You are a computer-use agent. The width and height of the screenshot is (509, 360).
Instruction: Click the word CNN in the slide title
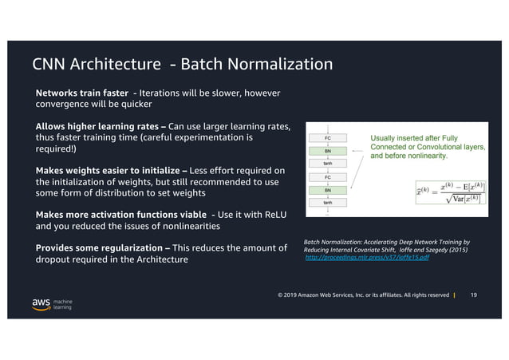(50, 64)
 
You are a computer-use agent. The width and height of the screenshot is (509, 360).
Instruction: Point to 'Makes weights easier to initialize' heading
(111, 170)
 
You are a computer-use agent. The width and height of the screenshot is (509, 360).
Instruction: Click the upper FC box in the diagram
(328, 136)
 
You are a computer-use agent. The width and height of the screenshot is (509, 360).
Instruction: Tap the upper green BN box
(328, 150)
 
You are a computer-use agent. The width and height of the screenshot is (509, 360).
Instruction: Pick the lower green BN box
(328, 191)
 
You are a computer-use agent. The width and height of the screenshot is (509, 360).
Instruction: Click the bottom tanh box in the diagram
(328, 204)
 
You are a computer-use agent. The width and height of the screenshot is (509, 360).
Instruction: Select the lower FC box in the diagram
(328, 177)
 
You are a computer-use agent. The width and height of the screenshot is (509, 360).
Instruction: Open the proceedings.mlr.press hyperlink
(367, 259)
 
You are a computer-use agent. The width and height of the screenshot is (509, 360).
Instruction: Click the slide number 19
(473, 295)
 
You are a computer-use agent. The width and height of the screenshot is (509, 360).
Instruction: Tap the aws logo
(41, 304)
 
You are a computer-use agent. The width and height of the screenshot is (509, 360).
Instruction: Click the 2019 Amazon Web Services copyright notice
(363, 295)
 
